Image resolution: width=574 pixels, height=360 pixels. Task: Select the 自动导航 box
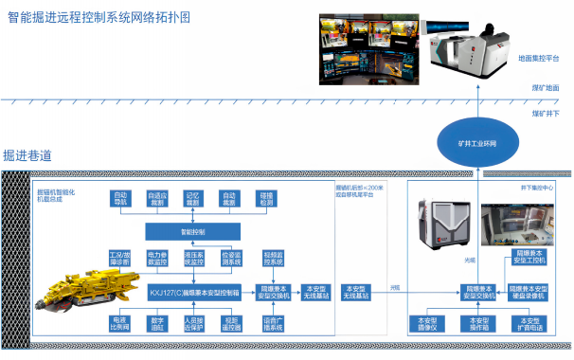tap(120, 200)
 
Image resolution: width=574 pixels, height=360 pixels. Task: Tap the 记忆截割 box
tap(192, 200)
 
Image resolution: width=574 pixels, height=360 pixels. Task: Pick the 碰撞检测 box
tap(266, 200)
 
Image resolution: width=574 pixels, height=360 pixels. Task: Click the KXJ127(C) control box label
tap(194, 290)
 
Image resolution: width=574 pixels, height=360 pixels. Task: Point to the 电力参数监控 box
tap(157, 258)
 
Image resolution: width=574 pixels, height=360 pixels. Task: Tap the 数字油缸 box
tap(157, 322)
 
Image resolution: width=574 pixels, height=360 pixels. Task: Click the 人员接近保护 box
tap(194, 322)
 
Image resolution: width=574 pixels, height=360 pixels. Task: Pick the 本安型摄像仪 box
tap(427, 324)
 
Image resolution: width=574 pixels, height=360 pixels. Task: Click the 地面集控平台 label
tap(537, 58)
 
